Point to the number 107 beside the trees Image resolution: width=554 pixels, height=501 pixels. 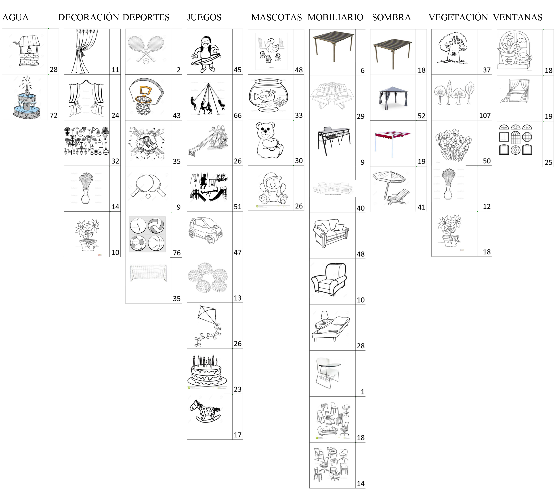485,116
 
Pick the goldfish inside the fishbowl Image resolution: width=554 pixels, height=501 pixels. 264,96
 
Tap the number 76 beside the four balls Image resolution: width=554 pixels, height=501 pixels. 177,253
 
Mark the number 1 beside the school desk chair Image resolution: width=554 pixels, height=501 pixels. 363,392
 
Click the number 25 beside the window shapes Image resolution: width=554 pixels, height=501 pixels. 548,162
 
